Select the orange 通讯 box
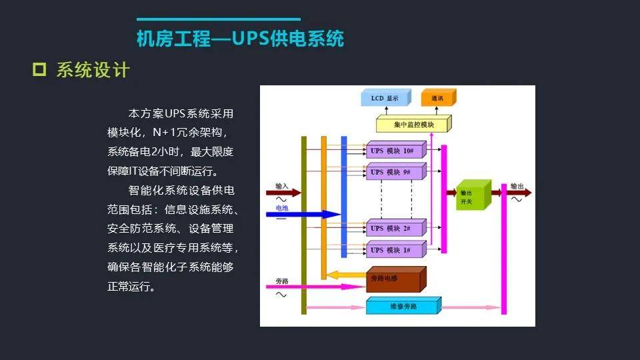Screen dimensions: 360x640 pyautogui.click(x=437, y=99)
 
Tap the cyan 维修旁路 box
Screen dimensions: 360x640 pyautogui.click(x=402, y=307)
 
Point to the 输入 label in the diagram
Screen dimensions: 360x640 pyautogui.click(x=282, y=186)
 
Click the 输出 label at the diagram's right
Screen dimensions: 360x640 pyautogui.click(x=517, y=186)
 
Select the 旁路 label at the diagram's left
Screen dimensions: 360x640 pyautogui.click(x=282, y=281)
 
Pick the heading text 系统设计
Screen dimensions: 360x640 pyautogui.click(x=93, y=70)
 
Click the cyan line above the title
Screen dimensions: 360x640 pyautogui.click(x=219, y=19)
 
